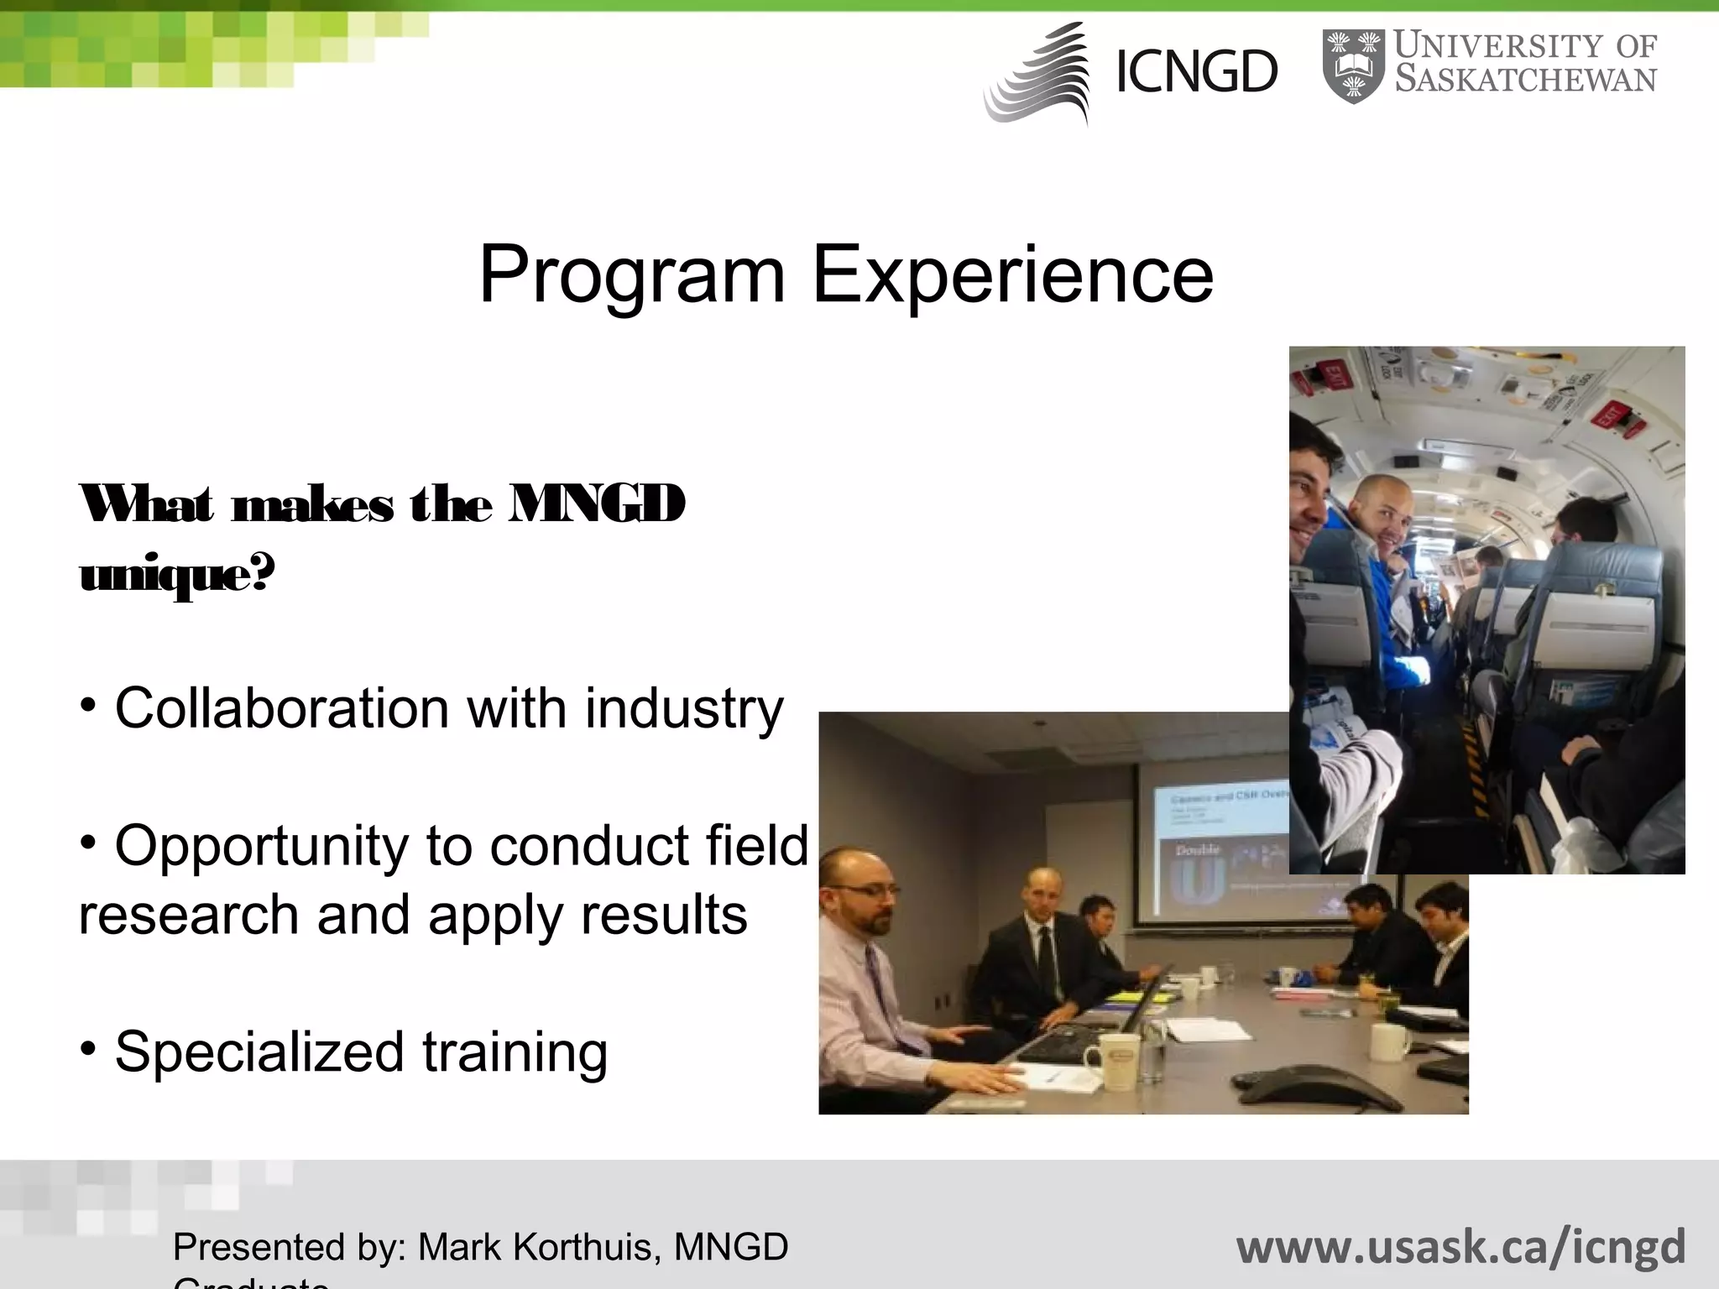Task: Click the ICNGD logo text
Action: tap(1196, 72)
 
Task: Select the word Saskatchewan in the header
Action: tap(1525, 80)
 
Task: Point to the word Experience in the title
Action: tap(1012, 275)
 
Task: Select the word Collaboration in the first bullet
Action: tap(282, 709)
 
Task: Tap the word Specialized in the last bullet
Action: tap(259, 1052)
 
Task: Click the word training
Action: tap(515, 1052)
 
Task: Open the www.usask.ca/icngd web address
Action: tap(1460, 1246)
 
